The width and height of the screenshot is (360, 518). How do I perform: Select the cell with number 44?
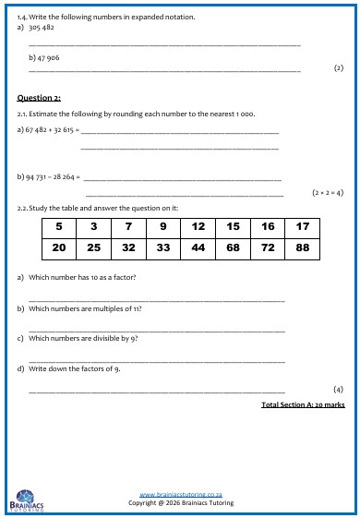coord(198,247)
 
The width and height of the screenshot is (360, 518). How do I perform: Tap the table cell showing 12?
coord(198,226)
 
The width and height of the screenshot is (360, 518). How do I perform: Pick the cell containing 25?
coord(94,247)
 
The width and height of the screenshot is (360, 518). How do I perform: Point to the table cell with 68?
coord(233,247)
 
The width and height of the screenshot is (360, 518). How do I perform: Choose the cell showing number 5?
coord(59,226)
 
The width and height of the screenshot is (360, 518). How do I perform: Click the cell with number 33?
coord(163,247)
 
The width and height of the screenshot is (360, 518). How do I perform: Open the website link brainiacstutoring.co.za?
coord(180,495)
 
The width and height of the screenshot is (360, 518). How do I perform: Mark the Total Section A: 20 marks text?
coord(303,404)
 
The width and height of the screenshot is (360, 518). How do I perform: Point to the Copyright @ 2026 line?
coord(181,503)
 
